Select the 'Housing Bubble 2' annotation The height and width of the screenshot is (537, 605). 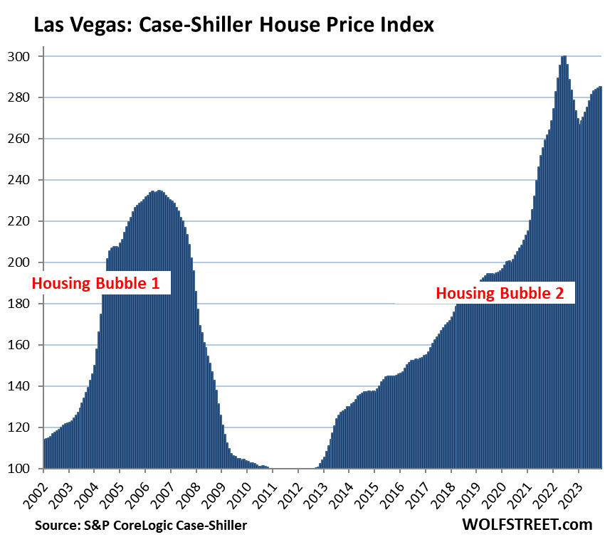pos(505,292)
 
